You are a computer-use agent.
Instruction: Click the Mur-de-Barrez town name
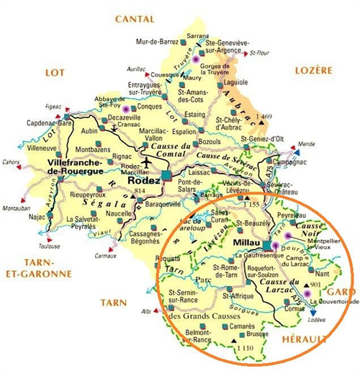[x=156, y=42]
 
